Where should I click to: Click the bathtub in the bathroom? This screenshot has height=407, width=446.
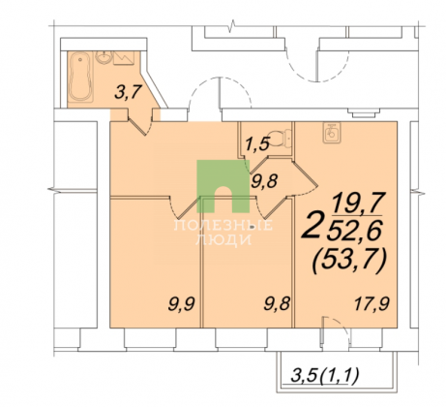point(81,77)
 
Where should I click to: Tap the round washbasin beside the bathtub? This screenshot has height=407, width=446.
point(104,57)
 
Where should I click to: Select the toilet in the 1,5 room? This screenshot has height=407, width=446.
point(281,138)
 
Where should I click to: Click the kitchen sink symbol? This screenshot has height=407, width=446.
point(332,133)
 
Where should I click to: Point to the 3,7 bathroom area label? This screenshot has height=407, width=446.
point(129,93)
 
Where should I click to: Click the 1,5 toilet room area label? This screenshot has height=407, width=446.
point(257,143)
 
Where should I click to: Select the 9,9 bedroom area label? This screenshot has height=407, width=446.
point(182,304)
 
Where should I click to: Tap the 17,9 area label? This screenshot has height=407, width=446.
point(372,304)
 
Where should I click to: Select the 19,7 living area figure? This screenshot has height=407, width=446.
point(359,203)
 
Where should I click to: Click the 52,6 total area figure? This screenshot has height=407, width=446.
point(355,230)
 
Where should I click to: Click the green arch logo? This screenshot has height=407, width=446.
point(223,186)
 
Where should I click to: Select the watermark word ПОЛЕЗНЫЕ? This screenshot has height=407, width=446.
point(223,225)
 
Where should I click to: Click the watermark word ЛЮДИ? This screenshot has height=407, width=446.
point(223,239)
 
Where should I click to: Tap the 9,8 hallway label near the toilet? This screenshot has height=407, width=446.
point(264,181)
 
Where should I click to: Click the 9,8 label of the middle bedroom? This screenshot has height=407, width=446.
point(278,304)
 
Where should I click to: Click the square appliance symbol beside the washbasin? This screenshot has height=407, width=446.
point(124,58)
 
